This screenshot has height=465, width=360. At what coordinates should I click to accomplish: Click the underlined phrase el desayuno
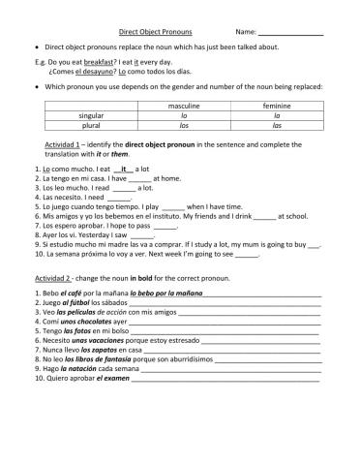tap(90, 71)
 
